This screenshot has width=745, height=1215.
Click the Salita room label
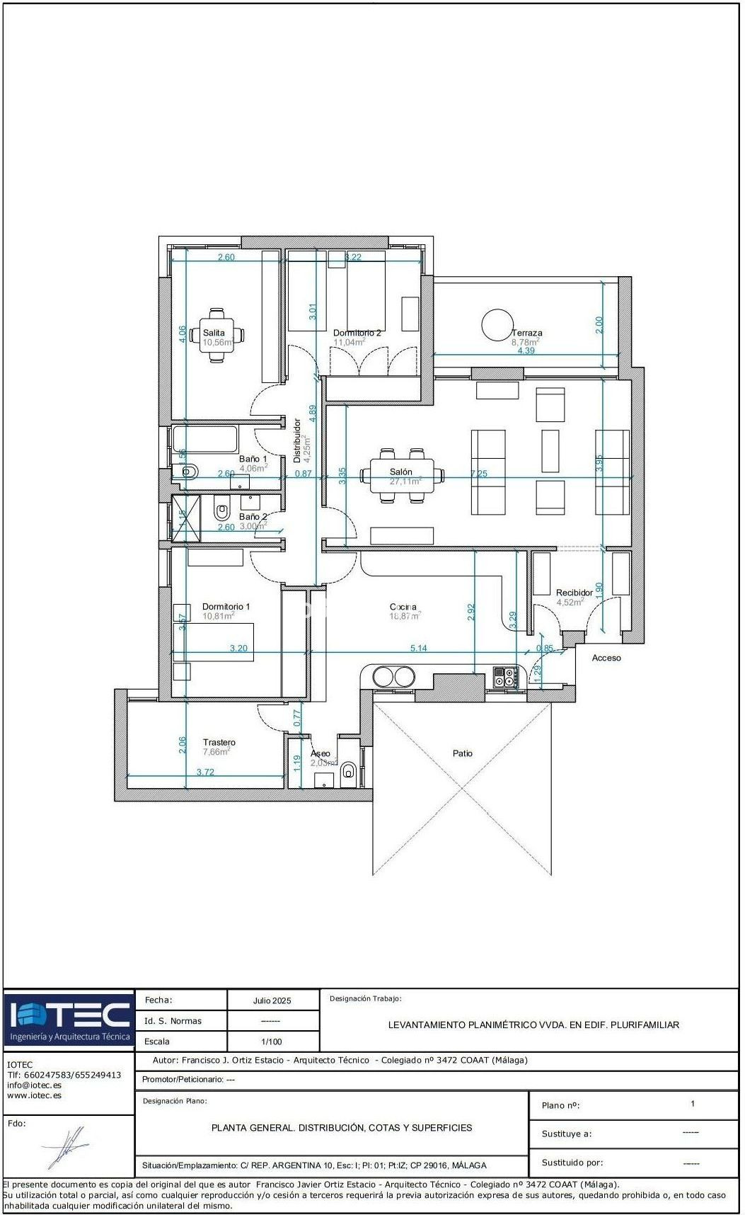click(x=214, y=333)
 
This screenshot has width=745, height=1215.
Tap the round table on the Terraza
click(x=497, y=325)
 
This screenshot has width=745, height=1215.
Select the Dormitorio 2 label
click(x=357, y=333)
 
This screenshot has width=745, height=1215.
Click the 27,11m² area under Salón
click(x=405, y=481)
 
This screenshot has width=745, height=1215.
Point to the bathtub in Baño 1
click(x=204, y=439)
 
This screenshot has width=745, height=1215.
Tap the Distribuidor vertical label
click(x=297, y=441)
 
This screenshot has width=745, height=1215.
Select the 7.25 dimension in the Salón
click(x=479, y=474)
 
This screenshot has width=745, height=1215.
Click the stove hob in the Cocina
click(x=505, y=677)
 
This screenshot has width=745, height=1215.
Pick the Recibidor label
click(x=574, y=593)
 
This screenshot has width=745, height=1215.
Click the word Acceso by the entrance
click(x=606, y=658)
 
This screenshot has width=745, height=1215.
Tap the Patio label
click(x=463, y=753)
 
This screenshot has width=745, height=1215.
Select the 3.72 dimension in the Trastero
click(x=205, y=772)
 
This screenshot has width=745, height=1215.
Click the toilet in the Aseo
click(x=348, y=771)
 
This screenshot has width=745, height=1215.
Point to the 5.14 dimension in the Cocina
click(x=419, y=648)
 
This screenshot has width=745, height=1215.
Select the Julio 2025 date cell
click(x=272, y=1000)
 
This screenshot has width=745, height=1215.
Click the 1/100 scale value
click(x=272, y=1042)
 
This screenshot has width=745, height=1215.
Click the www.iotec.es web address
click(x=34, y=1095)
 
